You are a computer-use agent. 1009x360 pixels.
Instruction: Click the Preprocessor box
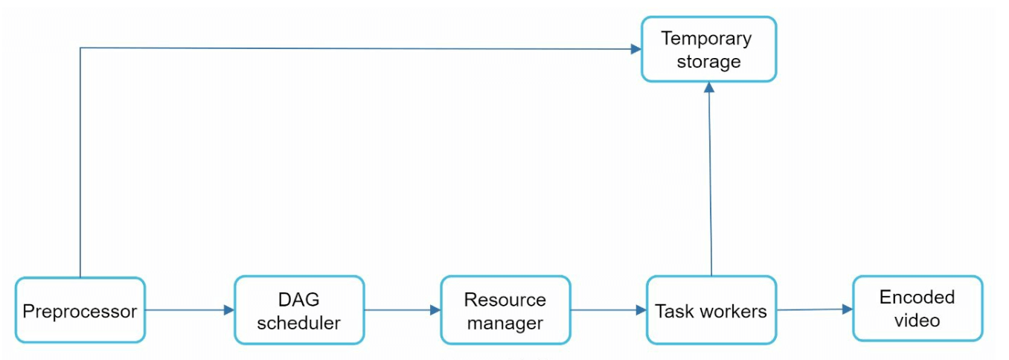80,310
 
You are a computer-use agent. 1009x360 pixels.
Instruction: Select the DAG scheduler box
299,310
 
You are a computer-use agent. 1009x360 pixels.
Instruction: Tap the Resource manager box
505,310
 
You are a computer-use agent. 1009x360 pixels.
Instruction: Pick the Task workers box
711,310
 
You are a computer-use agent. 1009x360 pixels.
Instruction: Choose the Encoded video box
917,309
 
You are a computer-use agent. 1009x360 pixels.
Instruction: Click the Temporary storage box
708,49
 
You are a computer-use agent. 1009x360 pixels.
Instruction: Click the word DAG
299,299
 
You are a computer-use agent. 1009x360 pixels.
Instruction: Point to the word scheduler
299,323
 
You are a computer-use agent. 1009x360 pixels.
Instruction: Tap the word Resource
505,299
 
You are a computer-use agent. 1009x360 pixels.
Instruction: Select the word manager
505,323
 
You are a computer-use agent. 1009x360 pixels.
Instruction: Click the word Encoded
917,298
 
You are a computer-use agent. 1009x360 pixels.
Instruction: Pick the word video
917,321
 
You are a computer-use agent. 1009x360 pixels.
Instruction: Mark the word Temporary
707,38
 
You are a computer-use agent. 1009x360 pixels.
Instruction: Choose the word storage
708,61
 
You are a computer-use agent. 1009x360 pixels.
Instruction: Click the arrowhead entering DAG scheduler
229,310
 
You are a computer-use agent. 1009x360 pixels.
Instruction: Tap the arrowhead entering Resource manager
435,310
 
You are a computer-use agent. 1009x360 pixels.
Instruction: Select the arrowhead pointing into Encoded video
848,309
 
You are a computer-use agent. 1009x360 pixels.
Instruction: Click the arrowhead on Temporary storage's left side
636,49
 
